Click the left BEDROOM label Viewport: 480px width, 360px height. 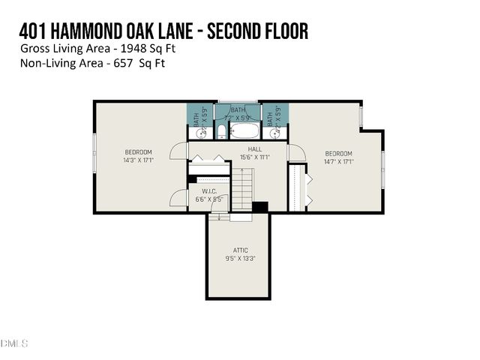coord(138,152)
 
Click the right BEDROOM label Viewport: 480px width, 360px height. coord(338,153)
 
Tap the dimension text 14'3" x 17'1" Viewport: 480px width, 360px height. coord(138,160)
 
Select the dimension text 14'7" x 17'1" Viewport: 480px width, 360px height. coord(338,160)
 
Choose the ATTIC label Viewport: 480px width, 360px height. coord(240,250)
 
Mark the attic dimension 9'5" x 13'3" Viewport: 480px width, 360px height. coord(240,259)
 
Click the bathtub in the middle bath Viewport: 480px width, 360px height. coord(244,131)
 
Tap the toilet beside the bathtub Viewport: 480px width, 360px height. coord(221,133)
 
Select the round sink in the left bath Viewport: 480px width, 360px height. coord(200,133)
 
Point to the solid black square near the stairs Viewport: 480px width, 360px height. coord(260,207)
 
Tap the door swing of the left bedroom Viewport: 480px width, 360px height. coord(178,151)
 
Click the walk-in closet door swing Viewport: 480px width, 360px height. coord(178,198)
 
